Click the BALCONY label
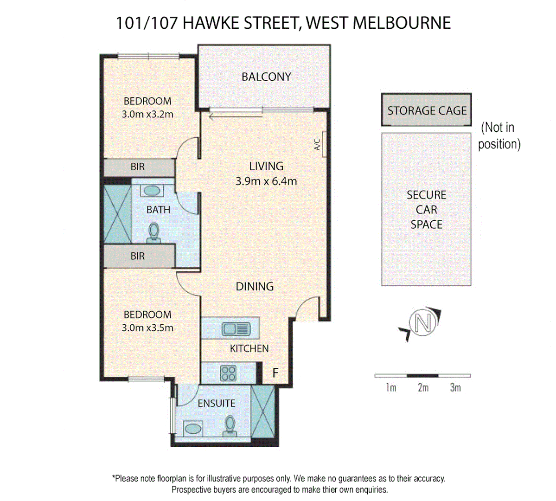266,77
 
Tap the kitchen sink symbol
236,329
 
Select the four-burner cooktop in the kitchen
228,373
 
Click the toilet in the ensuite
230,426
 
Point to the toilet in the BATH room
153,232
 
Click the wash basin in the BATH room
151,191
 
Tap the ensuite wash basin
193,428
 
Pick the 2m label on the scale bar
423,388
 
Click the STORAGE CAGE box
427,110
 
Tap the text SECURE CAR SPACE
426,210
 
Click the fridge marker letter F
275,373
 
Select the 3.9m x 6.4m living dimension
266,181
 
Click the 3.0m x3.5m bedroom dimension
147,328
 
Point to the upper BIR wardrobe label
138,167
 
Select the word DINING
255,287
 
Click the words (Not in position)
498,135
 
